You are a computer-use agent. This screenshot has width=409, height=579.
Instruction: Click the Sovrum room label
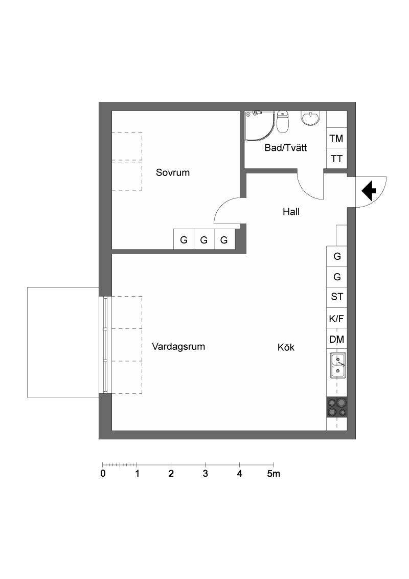(x=173, y=172)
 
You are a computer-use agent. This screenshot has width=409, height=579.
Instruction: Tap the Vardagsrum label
(x=178, y=347)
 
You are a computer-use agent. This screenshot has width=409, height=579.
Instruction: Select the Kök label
(x=286, y=347)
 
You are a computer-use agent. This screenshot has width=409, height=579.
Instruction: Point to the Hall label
(x=291, y=212)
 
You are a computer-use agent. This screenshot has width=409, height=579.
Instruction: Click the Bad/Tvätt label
(x=286, y=148)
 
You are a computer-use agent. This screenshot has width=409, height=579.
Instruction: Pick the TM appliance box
(x=336, y=139)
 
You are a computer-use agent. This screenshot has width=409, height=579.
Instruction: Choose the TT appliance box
(x=336, y=159)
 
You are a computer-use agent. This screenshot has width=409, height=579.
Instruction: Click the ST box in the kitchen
(x=336, y=297)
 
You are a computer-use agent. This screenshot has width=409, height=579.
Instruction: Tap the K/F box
(x=336, y=318)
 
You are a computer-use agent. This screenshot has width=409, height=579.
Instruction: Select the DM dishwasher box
(x=336, y=339)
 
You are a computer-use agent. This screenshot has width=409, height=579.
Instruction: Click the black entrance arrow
(x=369, y=191)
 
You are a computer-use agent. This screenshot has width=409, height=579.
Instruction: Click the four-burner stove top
(x=337, y=407)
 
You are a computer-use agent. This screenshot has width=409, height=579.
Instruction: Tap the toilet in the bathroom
(x=283, y=122)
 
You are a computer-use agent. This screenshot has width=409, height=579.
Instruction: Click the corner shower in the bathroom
(x=260, y=125)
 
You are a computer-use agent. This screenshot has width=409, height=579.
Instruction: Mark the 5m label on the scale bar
(x=274, y=474)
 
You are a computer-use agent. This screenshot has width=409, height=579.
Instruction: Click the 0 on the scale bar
(x=103, y=474)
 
